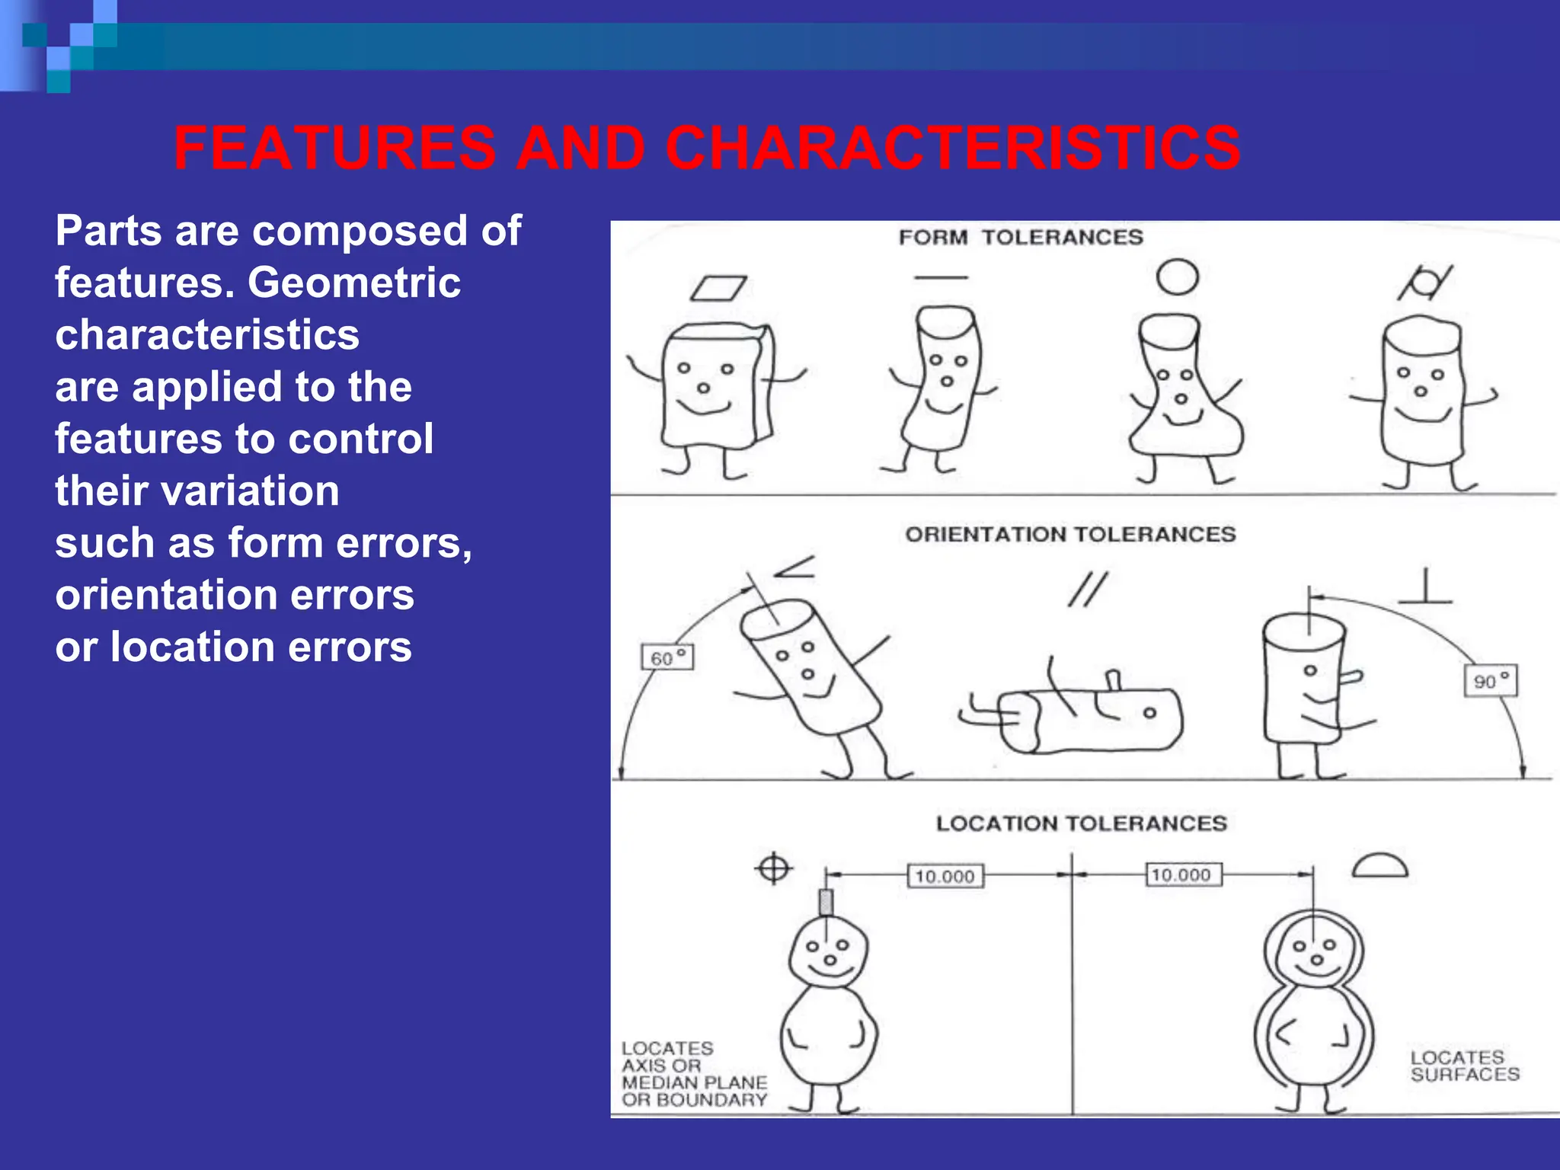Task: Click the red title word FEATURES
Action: [335, 148]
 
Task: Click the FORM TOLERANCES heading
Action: [1021, 238]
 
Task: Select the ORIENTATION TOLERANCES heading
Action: [1070, 535]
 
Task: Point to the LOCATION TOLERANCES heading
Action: [1082, 823]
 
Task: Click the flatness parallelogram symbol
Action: [718, 288]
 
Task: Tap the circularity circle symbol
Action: [1177, 277]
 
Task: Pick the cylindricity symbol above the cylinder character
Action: [1425, 283]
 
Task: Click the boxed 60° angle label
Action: [667, 657]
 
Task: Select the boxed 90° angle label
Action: [1491, 681]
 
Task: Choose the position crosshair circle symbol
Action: [774, 868]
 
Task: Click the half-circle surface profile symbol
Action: [1379, 867]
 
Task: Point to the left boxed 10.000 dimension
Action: [945, 876]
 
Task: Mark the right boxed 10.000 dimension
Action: [1183, 874]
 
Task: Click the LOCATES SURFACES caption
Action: [1464, 1066]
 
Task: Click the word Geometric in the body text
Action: [354, 283]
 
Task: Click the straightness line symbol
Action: [941, 278]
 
